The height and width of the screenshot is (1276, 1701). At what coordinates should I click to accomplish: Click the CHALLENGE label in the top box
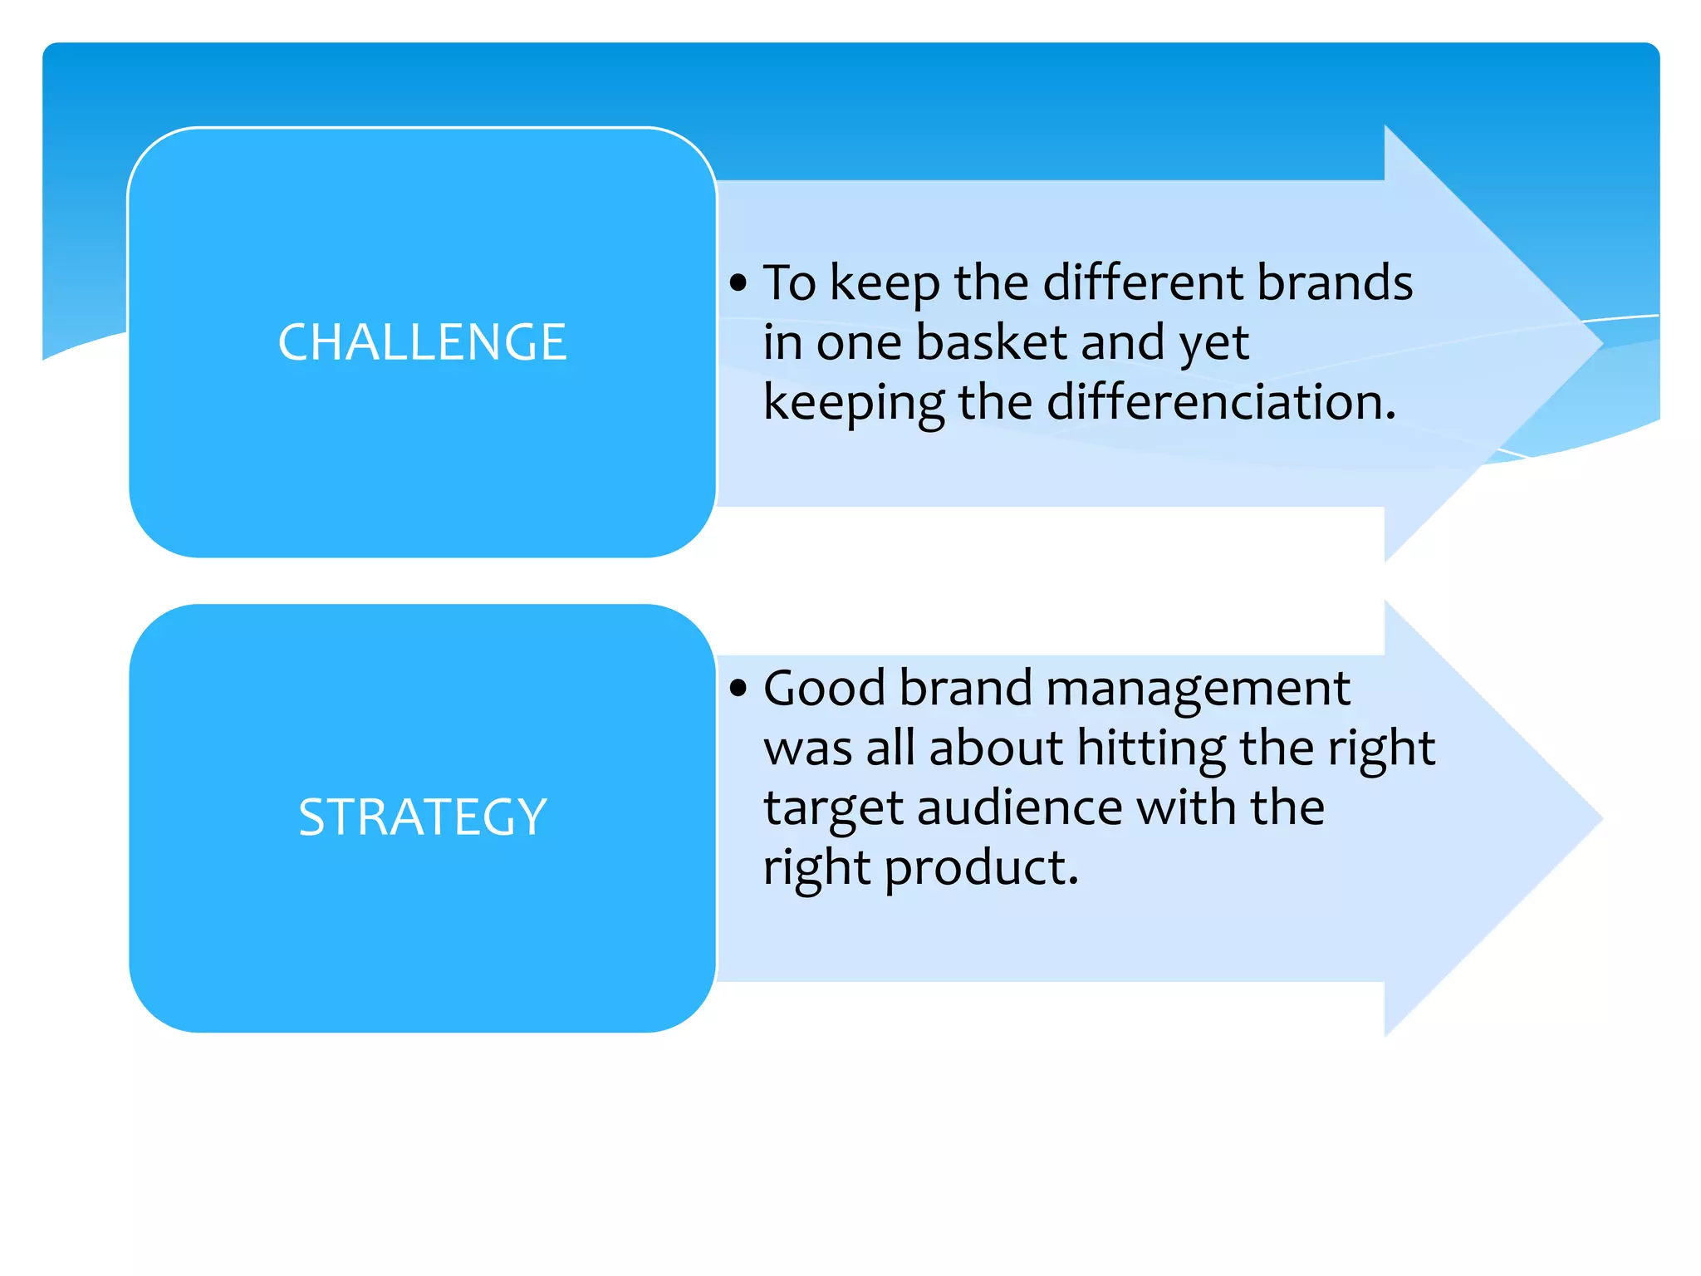pyautogui.click(x=422, y=342)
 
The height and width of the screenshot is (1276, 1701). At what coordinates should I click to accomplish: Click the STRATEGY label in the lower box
pyautogui.click(x=422, y=817)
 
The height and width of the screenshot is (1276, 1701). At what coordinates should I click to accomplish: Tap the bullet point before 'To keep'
pyautogui.click(x=738, y=283)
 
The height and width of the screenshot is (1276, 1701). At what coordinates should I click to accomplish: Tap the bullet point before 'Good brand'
pyautogui.click(x=738, y=688)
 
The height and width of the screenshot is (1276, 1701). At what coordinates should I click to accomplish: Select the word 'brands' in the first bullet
pyautogui.click(x=1334, y=282)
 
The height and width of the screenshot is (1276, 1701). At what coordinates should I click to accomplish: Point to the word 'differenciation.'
pyautogui.click(x=1221, y=402)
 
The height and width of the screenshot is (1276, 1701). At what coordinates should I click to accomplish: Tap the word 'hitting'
pyautogui.click(x=1151, y=749)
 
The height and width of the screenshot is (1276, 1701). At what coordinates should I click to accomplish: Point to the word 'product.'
pyautogui.click(x=981, y=869)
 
